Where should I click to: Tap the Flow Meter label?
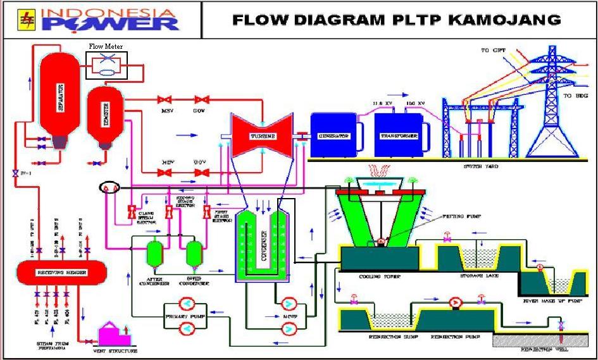click(106, 46)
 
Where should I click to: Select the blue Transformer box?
click(398, 135)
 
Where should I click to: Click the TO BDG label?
click(573, 96)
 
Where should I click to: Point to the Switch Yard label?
click(481, 166)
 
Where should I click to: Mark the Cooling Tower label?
click(378, 277)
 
